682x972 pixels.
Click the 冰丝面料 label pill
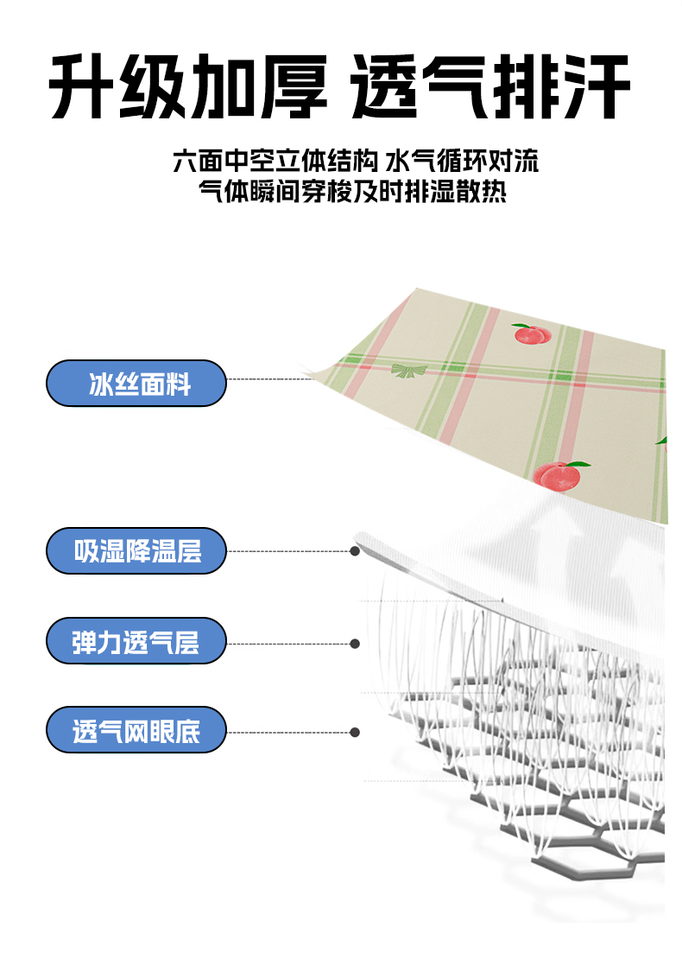[x=136, y=384]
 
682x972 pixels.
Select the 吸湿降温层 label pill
[x=136, y=550]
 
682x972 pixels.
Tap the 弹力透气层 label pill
[x=136, y=641]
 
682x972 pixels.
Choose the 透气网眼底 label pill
[x=136, y=732]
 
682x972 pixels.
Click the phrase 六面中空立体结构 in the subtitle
[x=275, y=162]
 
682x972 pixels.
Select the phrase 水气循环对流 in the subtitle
[x=462, y=162]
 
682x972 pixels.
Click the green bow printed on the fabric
[x=409, y=371]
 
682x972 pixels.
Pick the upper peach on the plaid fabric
[x=531, y=334]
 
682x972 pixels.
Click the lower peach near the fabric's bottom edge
[x=554, y=475]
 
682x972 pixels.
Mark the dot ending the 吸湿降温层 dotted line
[x=355, y=550]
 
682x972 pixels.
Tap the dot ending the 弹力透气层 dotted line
[x=355, y=643]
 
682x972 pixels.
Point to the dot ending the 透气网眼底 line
[x=355, y=732]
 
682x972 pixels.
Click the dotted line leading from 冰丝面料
[x=268, y=378]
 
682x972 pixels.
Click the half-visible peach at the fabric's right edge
[x=663, y=442]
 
